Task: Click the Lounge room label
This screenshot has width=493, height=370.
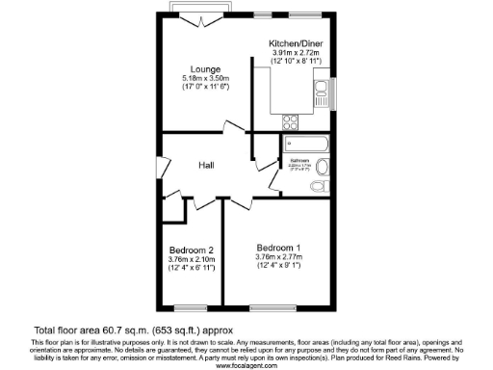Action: coord(204,69)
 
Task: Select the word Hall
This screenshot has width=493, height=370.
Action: coord(205,164)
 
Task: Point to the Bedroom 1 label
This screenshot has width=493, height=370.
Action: coord(278,247)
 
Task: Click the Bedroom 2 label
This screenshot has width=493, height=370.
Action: coord(191,249)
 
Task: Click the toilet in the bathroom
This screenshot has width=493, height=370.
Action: coord(323,183)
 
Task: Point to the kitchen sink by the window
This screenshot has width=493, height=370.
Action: coord(322,92)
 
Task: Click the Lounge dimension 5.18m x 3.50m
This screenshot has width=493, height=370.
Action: coord(204,79)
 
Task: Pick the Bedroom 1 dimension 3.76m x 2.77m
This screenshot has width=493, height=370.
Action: coord(278,257)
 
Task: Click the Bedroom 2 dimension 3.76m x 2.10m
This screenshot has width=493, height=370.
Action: coord(191,258)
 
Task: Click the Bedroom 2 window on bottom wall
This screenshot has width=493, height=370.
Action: coord(191,306)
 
